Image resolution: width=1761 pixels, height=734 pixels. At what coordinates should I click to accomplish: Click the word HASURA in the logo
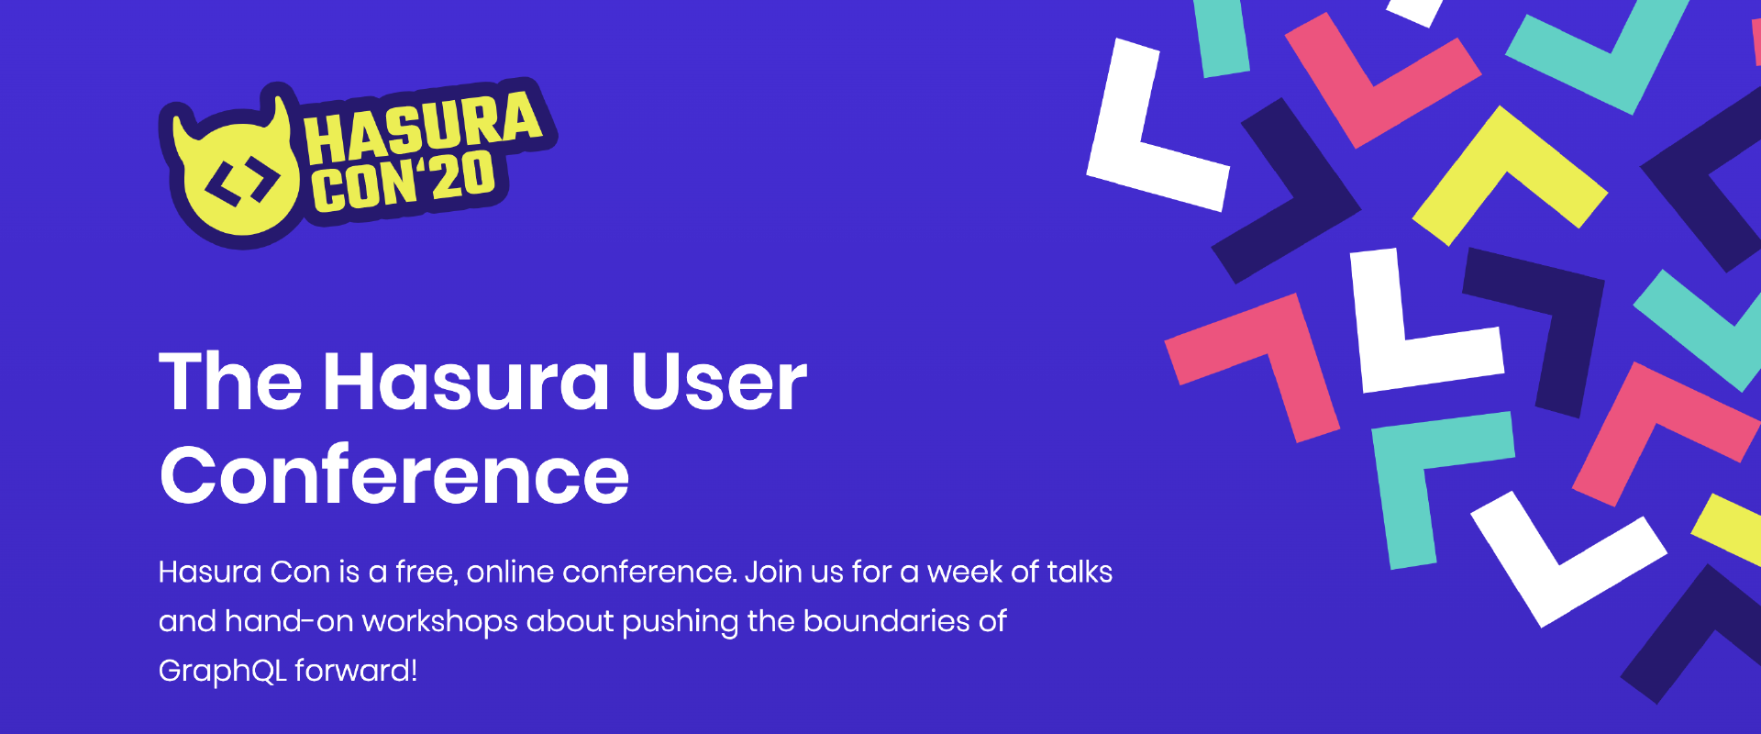(424, 128)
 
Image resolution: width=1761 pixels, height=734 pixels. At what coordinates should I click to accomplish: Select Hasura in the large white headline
(466, 382)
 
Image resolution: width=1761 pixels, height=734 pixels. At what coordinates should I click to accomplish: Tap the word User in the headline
(718, 382)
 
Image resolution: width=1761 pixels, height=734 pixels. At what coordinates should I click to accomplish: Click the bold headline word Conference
(394, 475)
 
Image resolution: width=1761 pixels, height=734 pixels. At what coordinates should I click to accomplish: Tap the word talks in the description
(1080, 573)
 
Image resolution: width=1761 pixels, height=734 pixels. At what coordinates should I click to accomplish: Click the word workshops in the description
(440, 623)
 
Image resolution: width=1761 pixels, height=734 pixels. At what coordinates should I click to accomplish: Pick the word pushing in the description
(680, 623)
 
